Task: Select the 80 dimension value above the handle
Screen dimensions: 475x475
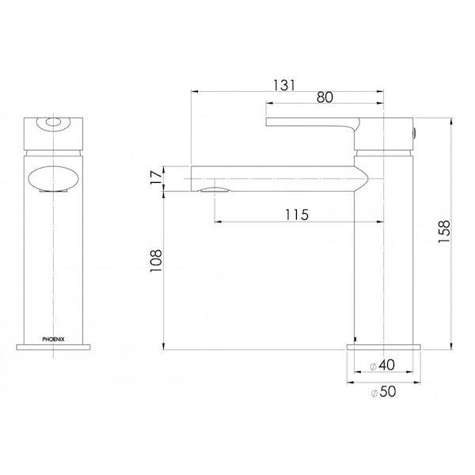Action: [325, 97]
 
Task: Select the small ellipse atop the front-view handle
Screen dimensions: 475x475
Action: [53, 123]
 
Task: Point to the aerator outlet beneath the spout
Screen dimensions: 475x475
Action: [214, 190]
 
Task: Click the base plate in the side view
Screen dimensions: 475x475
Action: [383, 346]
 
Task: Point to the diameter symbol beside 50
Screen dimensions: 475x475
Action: [373, 390]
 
